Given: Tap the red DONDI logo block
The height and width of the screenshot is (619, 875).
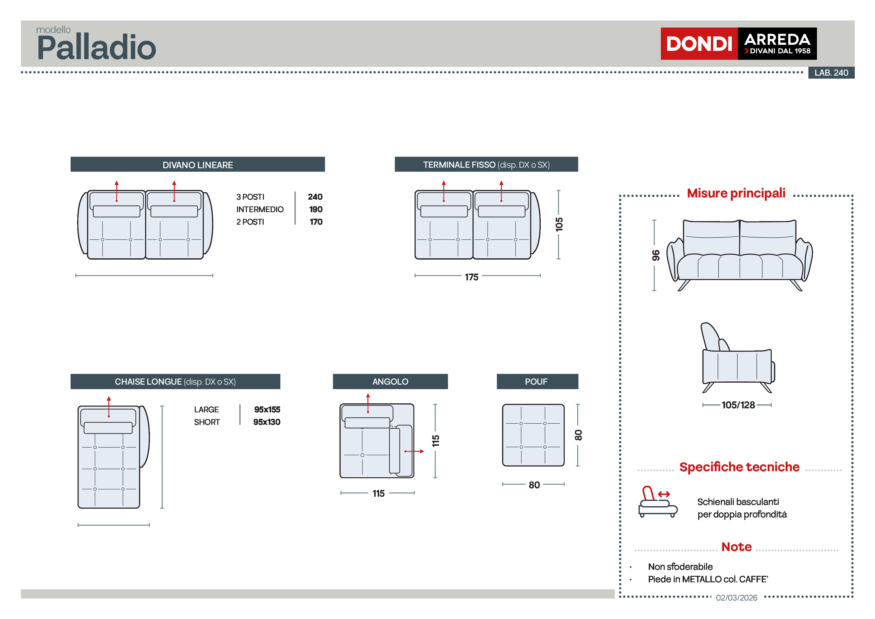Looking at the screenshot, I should (x=699, y=43).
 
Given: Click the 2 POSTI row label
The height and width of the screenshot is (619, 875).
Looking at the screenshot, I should (x=250, y=222).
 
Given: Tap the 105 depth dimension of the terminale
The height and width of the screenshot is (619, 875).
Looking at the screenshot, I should (x=559, y=224).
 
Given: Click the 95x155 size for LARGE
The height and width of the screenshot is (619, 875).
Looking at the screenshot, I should (x=267, y=410).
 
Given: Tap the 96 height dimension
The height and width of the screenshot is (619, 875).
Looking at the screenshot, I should (x=656, y=255).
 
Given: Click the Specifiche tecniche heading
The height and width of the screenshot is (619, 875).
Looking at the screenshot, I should (x=739, y=467).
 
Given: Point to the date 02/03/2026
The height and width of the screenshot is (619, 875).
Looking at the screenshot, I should (x=736, y=598).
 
